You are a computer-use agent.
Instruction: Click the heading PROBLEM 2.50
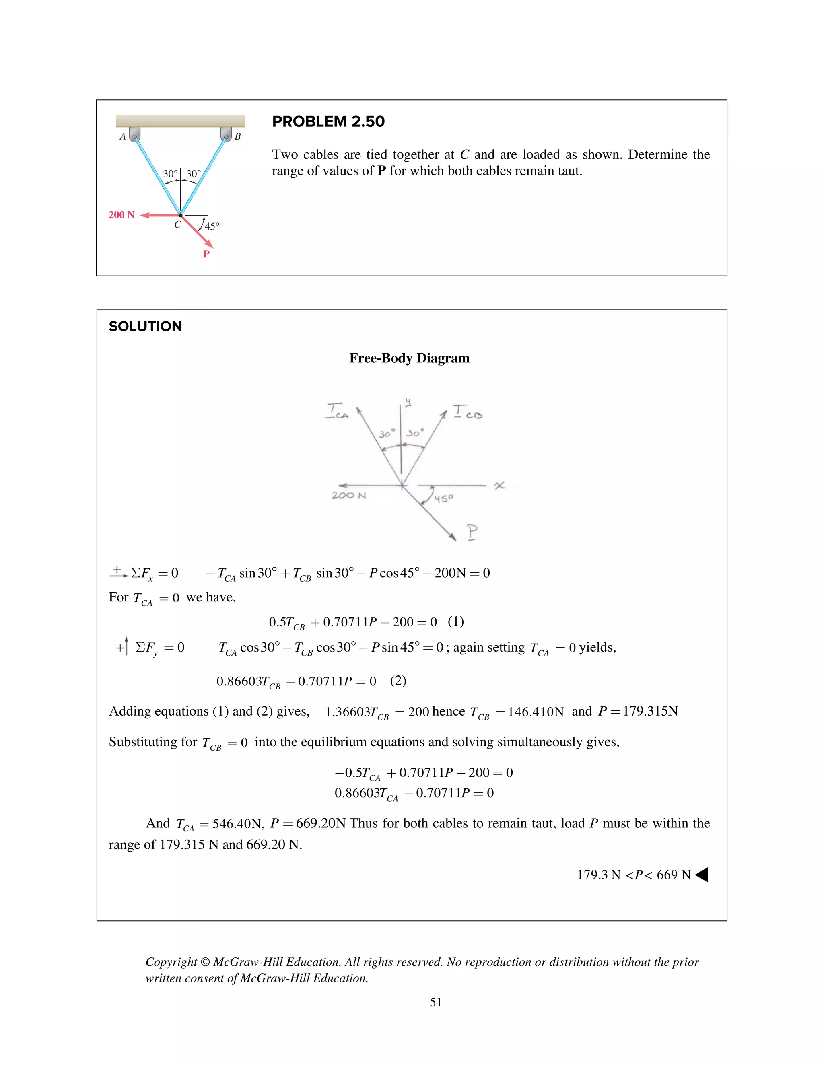pyautogui.click(x=328, y=121)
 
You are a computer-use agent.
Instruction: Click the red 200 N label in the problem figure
pyautogui.click(x=121, y=215)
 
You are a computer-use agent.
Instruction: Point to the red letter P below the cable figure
pyautogui.click(x=206, y=254)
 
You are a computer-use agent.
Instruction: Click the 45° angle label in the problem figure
pyautogui.click(x=212, y=226)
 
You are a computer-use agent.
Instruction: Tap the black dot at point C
pyautogui.click(x=180, y=215)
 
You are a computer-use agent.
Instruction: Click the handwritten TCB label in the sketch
pyautogui.click(x=467, y=412)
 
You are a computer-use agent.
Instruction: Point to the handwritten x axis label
pyautogui.click(x=499, y=485)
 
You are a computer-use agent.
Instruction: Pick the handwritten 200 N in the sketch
pyautogui.click(x=348, y=496)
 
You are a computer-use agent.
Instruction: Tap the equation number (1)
pyautogui.click(x=455, y=621)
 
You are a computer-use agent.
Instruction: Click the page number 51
pyautogui.click(x=435, y=1002)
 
